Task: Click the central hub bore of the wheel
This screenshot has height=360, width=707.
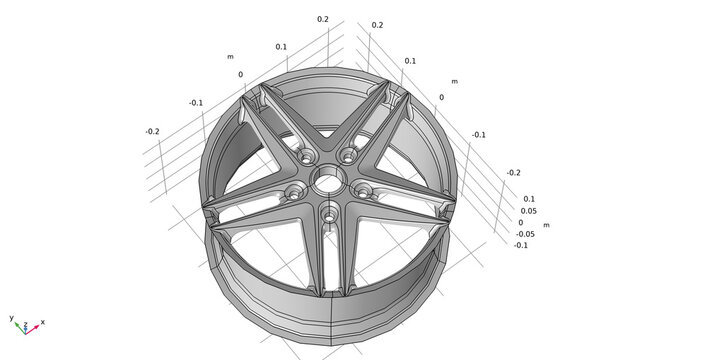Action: (x=326, y=181)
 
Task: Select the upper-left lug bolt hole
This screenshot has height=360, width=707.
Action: (x=304, y=157)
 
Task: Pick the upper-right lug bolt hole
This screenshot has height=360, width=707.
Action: (x=349, y=155)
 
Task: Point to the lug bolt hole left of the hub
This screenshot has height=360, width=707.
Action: (x=293, y=191)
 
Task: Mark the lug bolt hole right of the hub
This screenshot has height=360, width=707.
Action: (x=360, y=188)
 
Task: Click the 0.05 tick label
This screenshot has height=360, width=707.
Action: (x=528, y=211)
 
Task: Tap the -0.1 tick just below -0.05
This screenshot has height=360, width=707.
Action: (x=521, y=245)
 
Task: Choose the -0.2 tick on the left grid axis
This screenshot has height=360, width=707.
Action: (x=152, y=132)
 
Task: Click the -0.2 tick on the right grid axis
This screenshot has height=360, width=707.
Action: (x=513, y=172)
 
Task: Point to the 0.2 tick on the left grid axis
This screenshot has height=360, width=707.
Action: (x=323, y=19)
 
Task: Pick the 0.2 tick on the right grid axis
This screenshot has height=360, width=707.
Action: (x=377, y=25)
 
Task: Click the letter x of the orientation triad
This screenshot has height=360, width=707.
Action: (x=43, y=322)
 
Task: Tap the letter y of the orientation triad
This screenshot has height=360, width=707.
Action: (x=11, y=317)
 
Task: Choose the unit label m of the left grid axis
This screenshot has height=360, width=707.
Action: (x=230, y=57)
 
